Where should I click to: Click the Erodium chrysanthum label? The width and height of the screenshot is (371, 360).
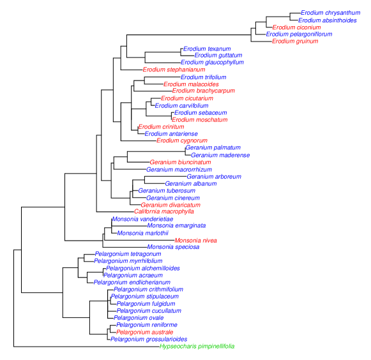(331, 13)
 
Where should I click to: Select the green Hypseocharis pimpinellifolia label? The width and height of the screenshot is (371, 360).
(197, 347)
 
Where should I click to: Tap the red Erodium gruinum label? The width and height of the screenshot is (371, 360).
(295, 41)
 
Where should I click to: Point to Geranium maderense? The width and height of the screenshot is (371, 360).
(220, 155)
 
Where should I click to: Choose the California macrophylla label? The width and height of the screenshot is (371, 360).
(164, 211)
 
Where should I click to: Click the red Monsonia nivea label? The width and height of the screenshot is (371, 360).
(195, 241)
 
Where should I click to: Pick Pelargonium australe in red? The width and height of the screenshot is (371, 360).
(144, 332)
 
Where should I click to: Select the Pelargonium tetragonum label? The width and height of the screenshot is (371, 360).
(128, 254)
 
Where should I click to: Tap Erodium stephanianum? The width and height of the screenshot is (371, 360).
(174, 70)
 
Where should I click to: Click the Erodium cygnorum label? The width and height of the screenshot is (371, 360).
(182, 140)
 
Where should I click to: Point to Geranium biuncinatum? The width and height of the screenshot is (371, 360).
(180, 162)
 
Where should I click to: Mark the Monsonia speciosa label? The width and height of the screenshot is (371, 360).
(173, 247)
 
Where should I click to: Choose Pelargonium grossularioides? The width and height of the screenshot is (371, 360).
(149, 340)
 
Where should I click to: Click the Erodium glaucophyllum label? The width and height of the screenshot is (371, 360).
(212, 63)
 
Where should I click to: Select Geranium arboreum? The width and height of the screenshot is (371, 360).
(214, 177)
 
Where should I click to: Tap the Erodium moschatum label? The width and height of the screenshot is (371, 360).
(200, 120)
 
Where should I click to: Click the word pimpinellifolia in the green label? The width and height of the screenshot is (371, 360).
(216, 347)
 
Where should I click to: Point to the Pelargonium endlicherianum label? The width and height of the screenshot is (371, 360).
(132, 283)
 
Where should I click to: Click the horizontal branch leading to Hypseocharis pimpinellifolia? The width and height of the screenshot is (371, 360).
(87, 347)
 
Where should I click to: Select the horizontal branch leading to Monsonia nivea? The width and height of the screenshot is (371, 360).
(139, 241)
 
